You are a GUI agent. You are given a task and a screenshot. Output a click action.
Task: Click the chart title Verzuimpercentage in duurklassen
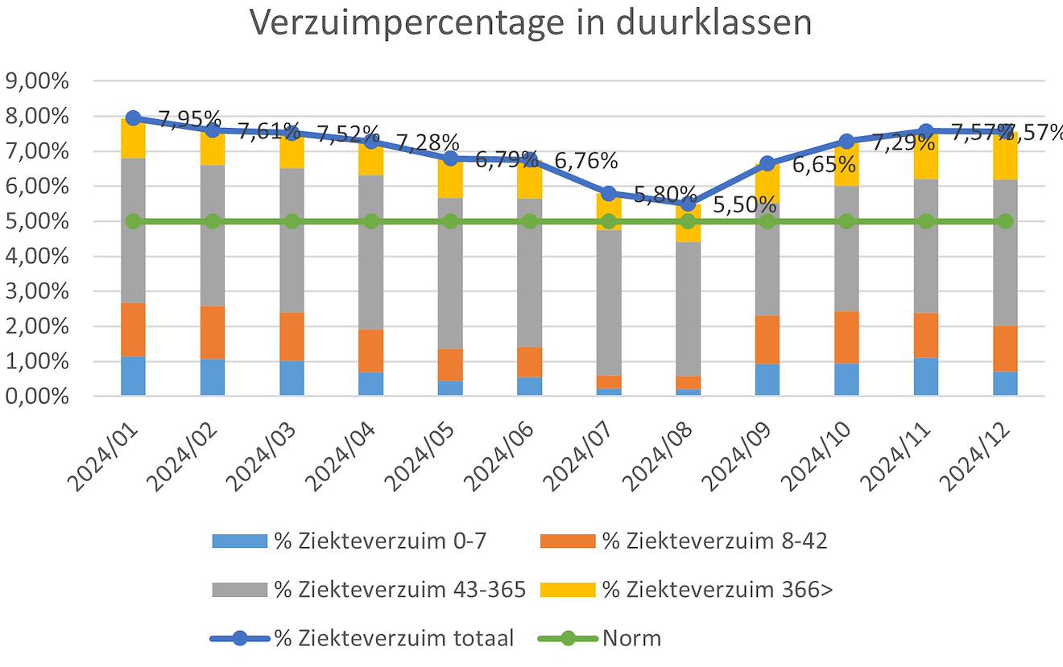click(531, 23)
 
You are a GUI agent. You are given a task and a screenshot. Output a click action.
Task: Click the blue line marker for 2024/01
click(134, 117)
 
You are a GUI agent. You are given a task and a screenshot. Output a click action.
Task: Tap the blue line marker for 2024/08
click(688, 204)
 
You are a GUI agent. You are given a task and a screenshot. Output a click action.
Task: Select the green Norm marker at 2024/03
click(292, 221)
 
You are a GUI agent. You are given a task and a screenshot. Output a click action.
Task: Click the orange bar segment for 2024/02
click(213, 332)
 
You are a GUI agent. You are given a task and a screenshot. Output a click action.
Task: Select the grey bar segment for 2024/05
click(450, 274)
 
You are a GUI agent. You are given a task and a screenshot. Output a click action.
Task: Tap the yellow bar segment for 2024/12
click(1005, 156)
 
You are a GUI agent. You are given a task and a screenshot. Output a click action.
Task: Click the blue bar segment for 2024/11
click(926, 377)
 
